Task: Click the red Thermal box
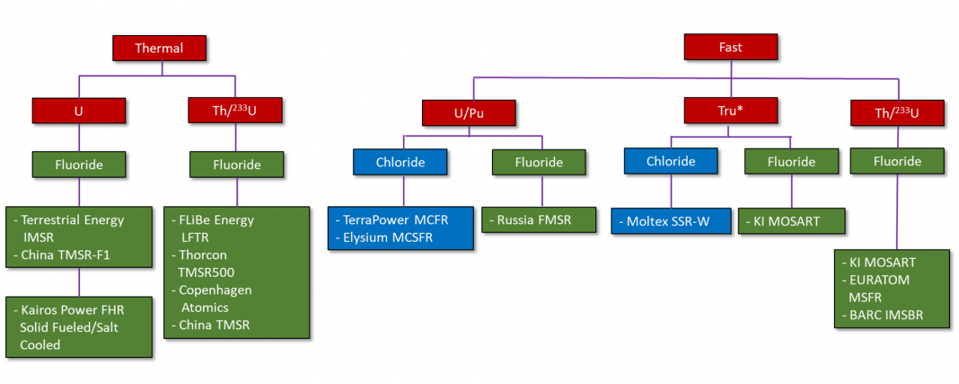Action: [159, 48]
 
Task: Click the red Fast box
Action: [730, 48]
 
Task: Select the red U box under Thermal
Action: [79, 111]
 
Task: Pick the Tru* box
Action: [730, 111]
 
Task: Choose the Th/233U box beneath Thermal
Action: [235, 111]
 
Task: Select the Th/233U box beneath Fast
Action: [895, 112]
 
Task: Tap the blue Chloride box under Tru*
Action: [671, 161]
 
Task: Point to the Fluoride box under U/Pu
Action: [539, 162]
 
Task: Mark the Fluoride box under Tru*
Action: [791, 162]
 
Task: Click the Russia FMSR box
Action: [539, 220]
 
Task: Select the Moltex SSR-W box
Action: [671, 220]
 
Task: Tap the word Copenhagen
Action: [216, 290]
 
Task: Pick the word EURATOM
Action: [879, 280]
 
